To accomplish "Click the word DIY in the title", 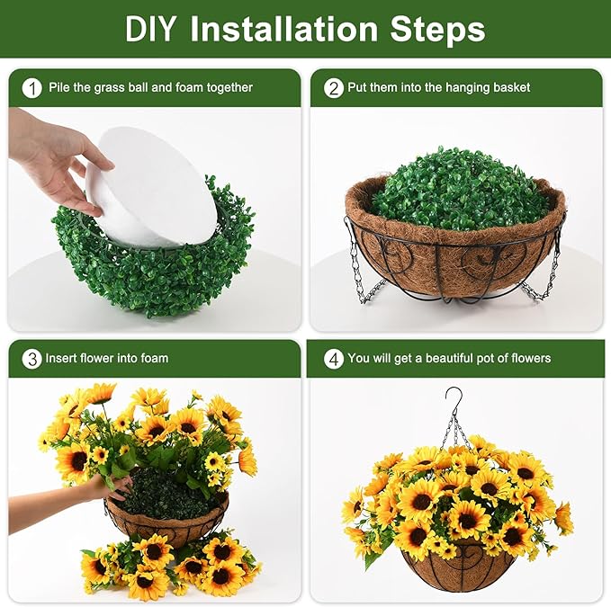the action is [x=150, y=29].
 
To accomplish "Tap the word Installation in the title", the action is [x=284, y=29].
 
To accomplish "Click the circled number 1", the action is [x=32, y=88].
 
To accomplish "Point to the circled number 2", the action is [x=334, y=88].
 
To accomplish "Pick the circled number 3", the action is [x=32, y=359].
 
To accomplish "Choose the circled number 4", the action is [x=334, y=359].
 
